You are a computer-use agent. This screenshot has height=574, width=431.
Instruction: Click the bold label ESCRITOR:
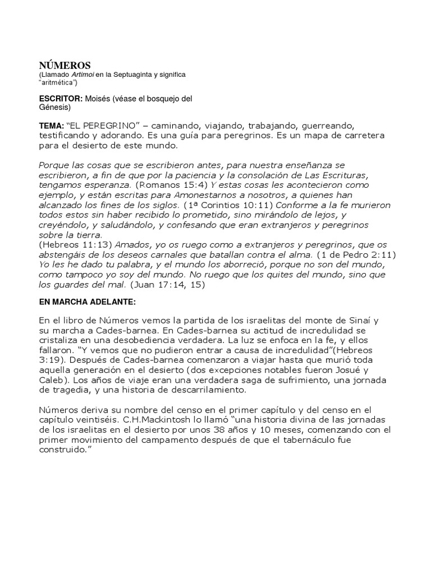click(x=61, y=99)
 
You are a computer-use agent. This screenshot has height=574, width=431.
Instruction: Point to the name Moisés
click(x=99, y=99)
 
